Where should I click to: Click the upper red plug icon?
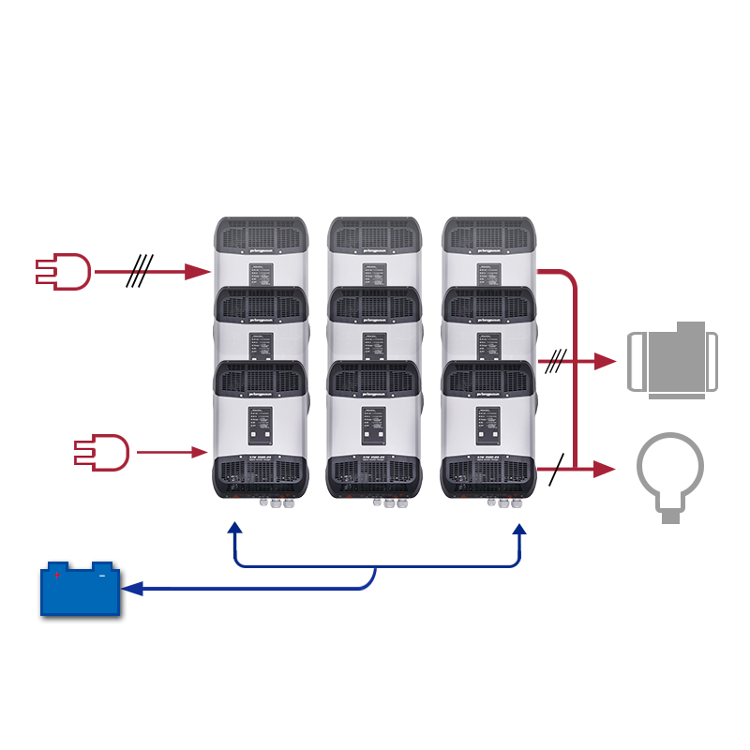(63, 272)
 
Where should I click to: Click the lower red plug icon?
(101, 452)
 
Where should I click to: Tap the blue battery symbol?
(80, 590)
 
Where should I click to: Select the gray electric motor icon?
(671, 360)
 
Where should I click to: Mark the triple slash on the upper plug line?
(140, 272)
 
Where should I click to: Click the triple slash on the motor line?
(557, 359)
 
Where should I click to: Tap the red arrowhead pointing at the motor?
(604, 360)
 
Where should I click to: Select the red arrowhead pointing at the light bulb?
(604, 469)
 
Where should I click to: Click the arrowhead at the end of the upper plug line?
(197, 272)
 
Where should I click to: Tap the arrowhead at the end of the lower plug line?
(200, 453)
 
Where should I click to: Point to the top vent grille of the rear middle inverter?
(374, 233)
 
